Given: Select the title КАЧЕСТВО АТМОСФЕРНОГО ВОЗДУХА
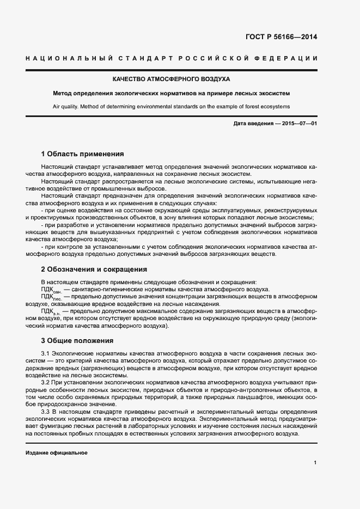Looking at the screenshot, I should pyautogui.click(x=171, y=79).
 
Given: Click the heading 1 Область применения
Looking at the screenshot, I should pyautogui.click(x=82, y=154).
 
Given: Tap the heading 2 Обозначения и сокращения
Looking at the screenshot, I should pyautogui.click(x=94, y=269).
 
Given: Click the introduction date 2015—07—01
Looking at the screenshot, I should pyautogui.click(x=297, y=124).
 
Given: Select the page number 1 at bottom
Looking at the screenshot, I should pyautogui.click(x=315, y=463).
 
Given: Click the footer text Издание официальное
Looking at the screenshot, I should pyautogui.click(x=56, y=453).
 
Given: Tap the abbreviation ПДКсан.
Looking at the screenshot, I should pyautogui.click(x=51, y=290).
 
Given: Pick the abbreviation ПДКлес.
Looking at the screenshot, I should pyautogui.click(x=51, y=297).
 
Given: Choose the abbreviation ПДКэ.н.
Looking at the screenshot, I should pyautogui.click(x=51, y=311).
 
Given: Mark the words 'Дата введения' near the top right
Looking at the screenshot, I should pyautogui.click(x=253, y=124).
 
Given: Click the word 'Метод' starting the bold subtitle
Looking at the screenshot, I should pyautogui.click(x=62, y=93).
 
